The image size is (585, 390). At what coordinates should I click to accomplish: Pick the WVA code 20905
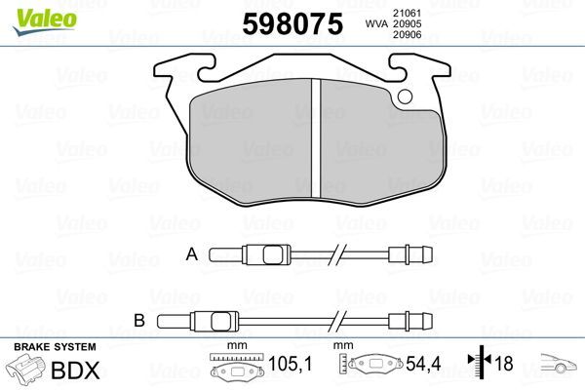(407, 23)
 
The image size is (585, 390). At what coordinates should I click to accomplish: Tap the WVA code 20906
(407, 36)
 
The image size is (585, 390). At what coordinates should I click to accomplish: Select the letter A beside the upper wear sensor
(192, 254)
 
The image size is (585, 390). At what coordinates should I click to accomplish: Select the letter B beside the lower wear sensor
(138, 318)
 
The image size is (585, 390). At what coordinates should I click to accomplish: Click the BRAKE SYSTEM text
(54, 347)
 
